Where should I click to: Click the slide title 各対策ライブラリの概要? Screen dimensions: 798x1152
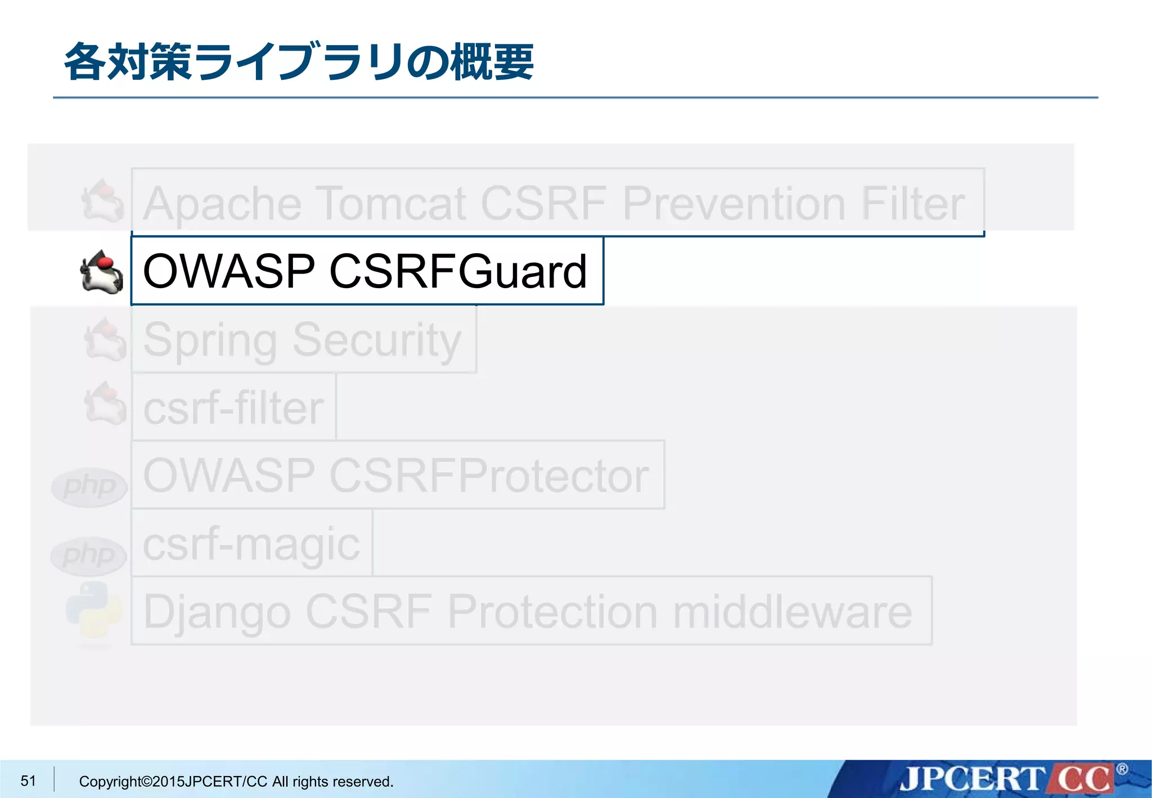pyautogui.click(x=299, y=62)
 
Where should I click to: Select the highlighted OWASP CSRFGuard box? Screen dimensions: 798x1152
pyautogui.click(x=367, y=271)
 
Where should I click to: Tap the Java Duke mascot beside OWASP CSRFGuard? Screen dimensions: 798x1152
pyautogui.click(x=102, y=272)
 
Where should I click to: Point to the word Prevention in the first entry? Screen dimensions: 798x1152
pyautogui.click(x=733, y=203)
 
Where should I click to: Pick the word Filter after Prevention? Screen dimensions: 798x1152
pyautogui.click(x=912, y=203)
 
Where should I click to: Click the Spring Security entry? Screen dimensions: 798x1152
pyautogui.click(x=303, y=340)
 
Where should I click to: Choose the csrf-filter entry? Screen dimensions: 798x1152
pyautogui.click(x=233, y=407)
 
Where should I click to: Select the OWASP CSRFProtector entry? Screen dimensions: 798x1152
pyautogui.click(x=397, y=476)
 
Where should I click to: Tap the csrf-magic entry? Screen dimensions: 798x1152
pyautogui.click(x=251, y=544)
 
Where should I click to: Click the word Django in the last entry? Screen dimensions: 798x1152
pyautogui.click(x=217, y=612)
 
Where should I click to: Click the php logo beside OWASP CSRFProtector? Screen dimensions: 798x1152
pyautogui.click(x=89, y=487)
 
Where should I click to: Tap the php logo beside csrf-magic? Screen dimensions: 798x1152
pyautogui.click(x=88, y=556)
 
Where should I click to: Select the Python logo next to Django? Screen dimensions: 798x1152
pyautogui.click(x=94, y=611)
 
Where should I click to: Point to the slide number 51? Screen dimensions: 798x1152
pyautogui.click(x=28, y=781)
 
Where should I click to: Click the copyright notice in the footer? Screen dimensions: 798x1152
pyautogui.click(x=236, y=781)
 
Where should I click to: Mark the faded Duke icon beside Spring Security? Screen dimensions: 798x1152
pyautogui.click(x=105, y=339)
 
